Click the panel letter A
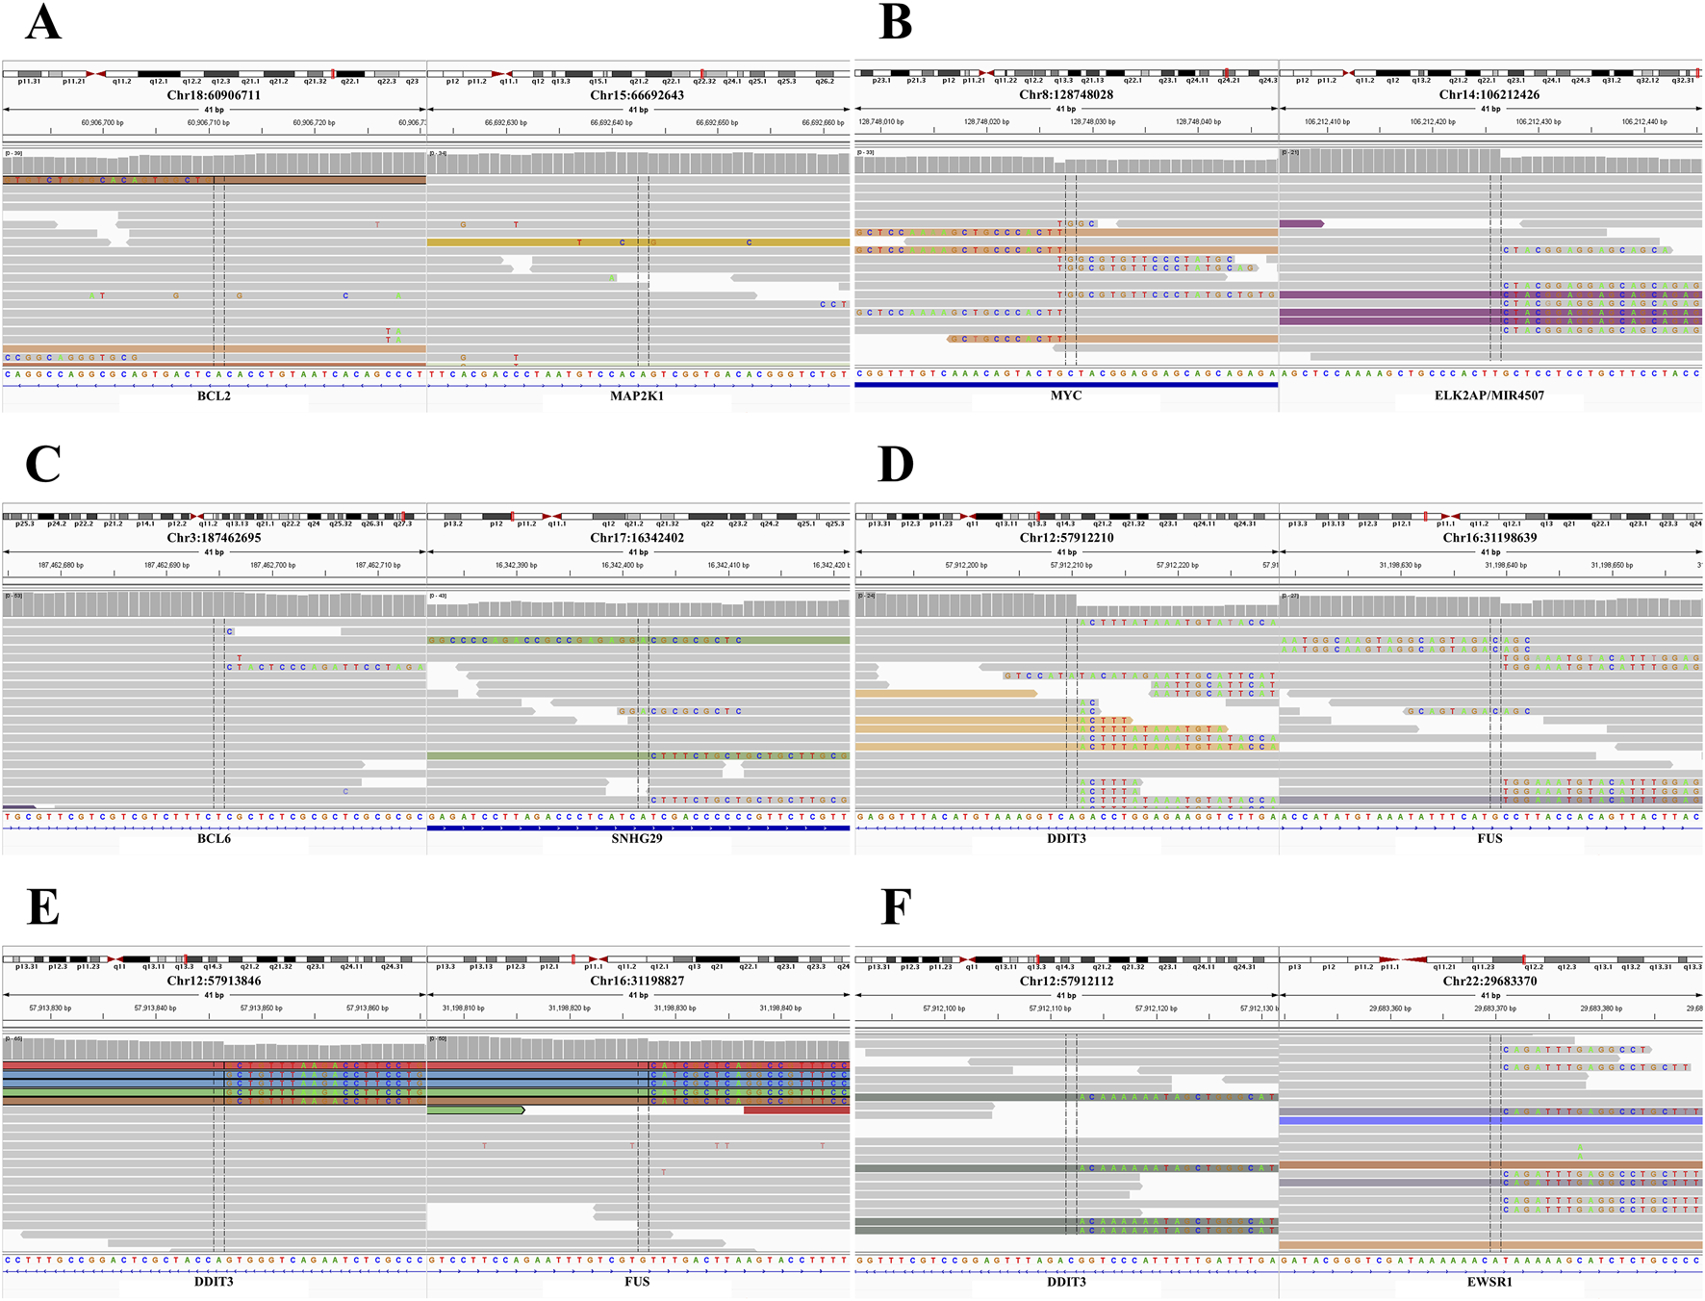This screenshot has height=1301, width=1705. [43, 23]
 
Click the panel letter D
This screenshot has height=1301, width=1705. [896, 465]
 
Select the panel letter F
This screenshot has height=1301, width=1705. [895, 907]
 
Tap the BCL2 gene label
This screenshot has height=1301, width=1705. [214, 395]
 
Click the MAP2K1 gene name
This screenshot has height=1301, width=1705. [637, 395]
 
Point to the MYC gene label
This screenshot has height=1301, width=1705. [1066, 395]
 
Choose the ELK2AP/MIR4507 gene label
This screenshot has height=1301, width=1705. [1489, 395]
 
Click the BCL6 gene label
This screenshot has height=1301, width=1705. [214, 838]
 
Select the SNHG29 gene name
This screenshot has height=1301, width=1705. [637, 838]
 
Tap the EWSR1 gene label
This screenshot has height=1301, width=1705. [1489, 1281]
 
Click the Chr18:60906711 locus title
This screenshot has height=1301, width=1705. [214, 95]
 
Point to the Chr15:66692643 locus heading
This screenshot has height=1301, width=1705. [637, 95]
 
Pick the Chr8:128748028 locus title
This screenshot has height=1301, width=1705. [1066, 95]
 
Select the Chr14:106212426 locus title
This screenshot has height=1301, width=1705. [1489, 95]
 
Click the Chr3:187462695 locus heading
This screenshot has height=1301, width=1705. [214, 538]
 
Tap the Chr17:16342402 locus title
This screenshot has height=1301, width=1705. [637, 538]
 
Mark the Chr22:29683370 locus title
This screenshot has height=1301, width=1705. [1489, 981]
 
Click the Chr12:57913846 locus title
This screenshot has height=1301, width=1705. [214, 981]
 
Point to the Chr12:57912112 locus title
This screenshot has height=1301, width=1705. [1066, 981]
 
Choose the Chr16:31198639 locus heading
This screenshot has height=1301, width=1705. [1489, 538]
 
